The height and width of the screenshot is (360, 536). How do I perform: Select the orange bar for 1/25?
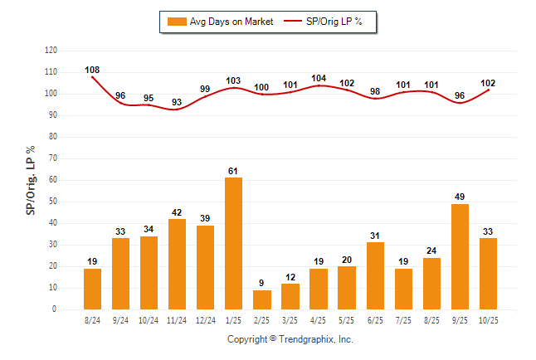tap(234, 243)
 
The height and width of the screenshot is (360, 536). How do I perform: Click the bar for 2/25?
tap(262, 299)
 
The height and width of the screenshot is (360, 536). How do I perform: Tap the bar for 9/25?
tap(460, 256)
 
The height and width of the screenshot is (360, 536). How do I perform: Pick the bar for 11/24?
tap(178, 264)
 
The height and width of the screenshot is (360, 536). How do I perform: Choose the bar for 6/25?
tap(375, 275)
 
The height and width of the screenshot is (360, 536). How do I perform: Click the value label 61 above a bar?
tap(234, 171)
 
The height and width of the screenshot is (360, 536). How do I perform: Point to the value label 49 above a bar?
tap(460, 197)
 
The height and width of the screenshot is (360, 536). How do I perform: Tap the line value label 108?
tap(92, 70)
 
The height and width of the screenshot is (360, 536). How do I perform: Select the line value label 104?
tap(319, 78)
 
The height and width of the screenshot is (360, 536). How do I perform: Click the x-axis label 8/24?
tap(92, 319)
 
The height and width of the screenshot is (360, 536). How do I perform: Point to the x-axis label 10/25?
tap(488, 319)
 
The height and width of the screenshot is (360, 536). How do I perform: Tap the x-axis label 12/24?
tap(205, 319)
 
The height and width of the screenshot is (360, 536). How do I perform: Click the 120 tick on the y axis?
tap(51, 51)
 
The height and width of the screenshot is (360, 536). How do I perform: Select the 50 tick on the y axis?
tap(53, 202)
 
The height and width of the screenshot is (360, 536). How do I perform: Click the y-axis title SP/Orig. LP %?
tap(31, 179)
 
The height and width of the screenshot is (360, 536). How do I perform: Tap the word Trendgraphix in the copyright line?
tap(305, 339)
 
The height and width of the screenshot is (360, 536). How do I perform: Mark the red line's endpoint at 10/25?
tap(488, 90)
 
